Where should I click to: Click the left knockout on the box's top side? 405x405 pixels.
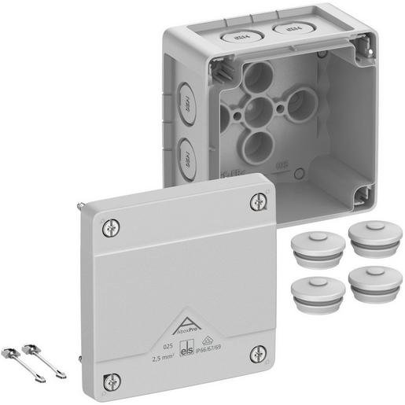234,35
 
